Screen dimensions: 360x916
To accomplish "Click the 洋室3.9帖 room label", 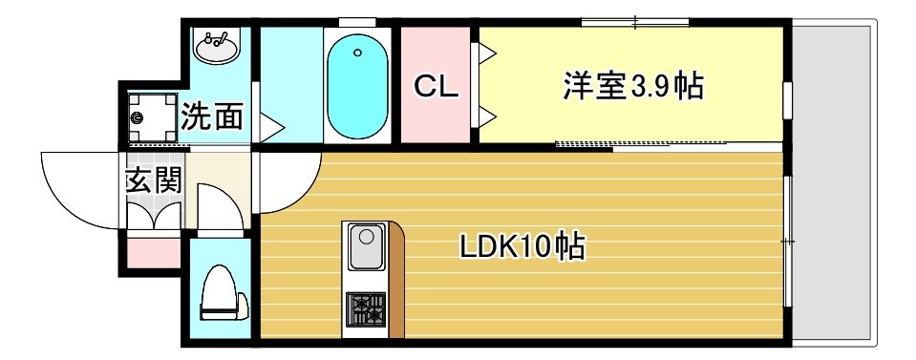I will point(632,87).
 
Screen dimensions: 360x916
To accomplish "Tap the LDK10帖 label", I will point(522,247).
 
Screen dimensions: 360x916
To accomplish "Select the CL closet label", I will point(437,88).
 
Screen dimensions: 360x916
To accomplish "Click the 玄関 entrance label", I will point(153,180).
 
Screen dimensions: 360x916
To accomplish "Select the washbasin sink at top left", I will point(218,45).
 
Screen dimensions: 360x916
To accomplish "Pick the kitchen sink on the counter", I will point(365,247).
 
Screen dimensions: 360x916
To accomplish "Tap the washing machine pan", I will point(148,116).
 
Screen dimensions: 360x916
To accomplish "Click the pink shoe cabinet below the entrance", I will point(152,252).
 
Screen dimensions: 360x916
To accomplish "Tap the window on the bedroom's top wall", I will point(634,21).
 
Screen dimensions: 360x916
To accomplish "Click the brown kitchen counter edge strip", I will point(396,283).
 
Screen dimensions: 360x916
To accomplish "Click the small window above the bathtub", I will point(357,21).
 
